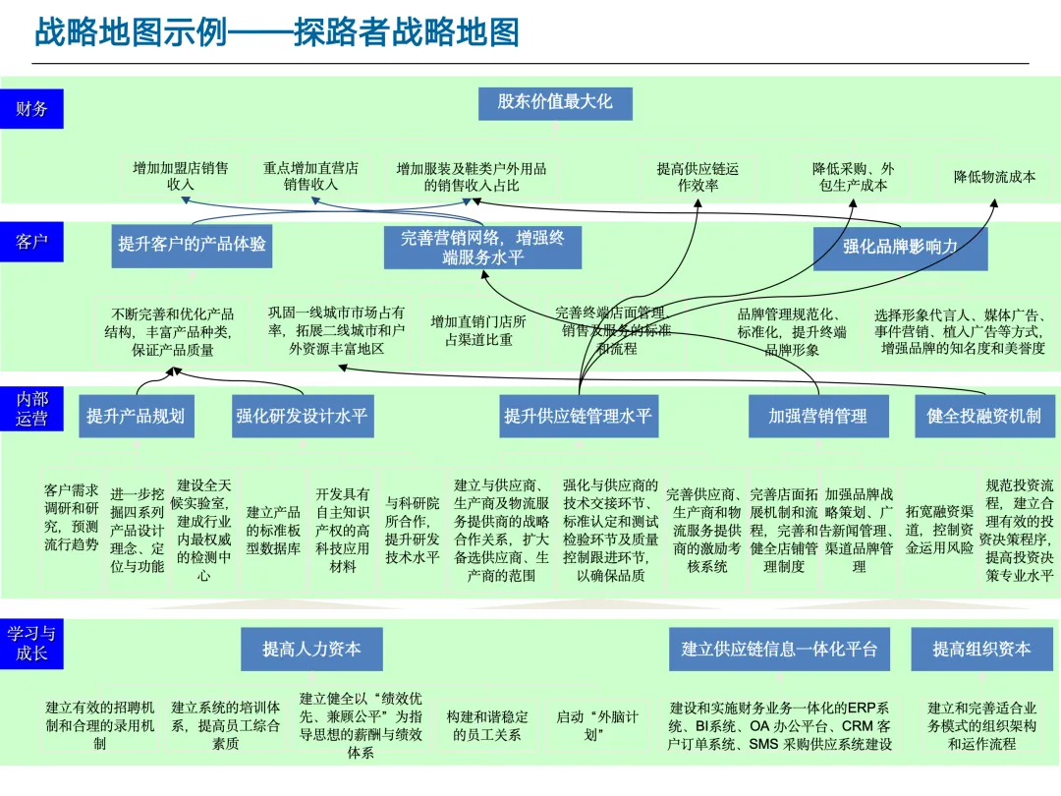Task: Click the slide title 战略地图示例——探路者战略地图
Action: [277, 32]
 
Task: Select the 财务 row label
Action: [31, 108]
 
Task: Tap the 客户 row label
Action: [31, 241]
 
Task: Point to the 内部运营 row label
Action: [31, 409]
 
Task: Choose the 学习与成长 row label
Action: [31, 643]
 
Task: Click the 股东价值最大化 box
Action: [555, 101]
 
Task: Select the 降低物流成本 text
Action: [994, 177]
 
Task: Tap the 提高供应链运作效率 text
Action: [698, 177]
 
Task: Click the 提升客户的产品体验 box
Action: [192, 245]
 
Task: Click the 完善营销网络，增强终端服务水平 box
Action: [481, 248]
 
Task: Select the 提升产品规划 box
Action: [135, 416]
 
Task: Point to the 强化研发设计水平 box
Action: [302, 416]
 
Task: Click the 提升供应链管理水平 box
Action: [578, 416]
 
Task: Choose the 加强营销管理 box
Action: [817, 416]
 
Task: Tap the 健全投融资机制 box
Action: [983, 416]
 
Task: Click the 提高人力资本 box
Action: [311, 649]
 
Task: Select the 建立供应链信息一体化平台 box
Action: [779, 649]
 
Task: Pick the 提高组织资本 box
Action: [981, 649]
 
